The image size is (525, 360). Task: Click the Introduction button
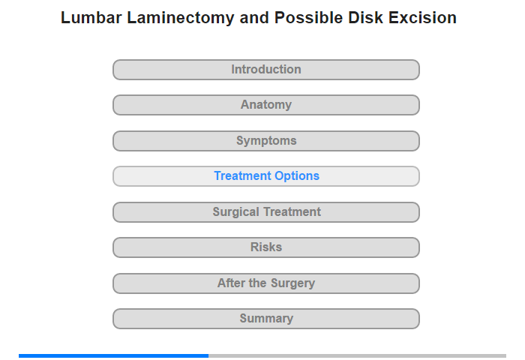(266, 70)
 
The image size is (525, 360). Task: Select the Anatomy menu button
(266, 105)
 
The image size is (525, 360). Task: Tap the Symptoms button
(266, 141)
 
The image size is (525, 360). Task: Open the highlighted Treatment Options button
(266, 176)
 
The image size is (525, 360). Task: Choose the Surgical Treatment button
(266, 212)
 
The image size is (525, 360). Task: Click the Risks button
(266, 247)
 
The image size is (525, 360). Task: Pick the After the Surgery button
(266, 283)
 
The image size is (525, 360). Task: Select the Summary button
(266, 319)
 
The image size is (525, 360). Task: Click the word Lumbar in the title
(91, 18)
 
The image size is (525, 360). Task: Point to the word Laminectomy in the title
(181, 18)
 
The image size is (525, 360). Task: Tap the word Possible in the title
(308, 18)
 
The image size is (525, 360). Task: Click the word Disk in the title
(366, 18)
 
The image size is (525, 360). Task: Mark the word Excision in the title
(422, 18)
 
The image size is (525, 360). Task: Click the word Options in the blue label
(297, 176)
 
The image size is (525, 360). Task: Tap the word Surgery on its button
(292, 283)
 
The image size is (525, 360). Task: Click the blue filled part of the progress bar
(113, 355)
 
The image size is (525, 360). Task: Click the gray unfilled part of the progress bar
(357, 355)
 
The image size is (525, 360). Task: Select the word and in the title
(254, 18)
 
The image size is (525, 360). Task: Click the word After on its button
(231, 283)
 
